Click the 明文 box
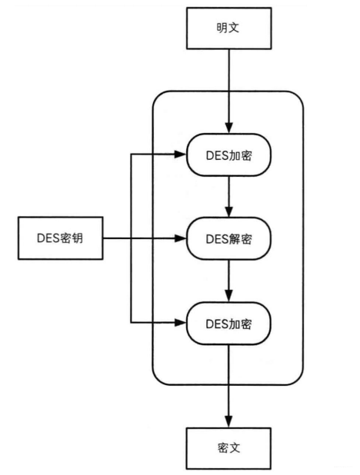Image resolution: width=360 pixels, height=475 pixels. click(x=228, y=29)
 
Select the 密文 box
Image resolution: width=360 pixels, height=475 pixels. click(x=228, y=447)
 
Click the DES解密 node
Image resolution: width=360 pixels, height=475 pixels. click(x=228, y=238)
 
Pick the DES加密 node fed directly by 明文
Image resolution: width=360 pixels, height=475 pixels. click(x=228, y=154)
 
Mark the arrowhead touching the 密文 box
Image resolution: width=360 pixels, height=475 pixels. click(x=228, y=422)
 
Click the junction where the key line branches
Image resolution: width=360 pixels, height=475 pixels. click(x=132, y=238)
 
